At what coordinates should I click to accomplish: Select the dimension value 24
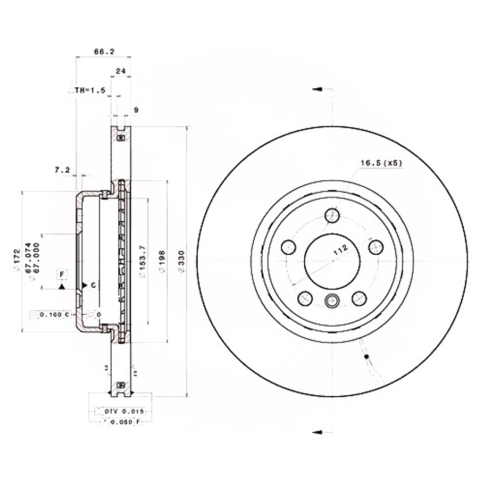(x=120, y=71)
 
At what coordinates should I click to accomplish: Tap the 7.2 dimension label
(x=62, y=170)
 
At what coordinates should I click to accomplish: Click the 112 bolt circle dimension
(x=340, y=250)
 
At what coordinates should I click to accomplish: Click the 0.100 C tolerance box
(x=50, y=314)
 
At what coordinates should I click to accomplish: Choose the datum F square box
(x=62, y=274)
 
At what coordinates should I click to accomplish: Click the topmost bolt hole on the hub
(x=332, y=215)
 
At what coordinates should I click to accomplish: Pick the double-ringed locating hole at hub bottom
(x=332, y=300)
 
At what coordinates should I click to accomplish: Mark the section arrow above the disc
(x=317, y=89)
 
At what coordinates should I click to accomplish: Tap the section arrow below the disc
(x=317, y=431)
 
